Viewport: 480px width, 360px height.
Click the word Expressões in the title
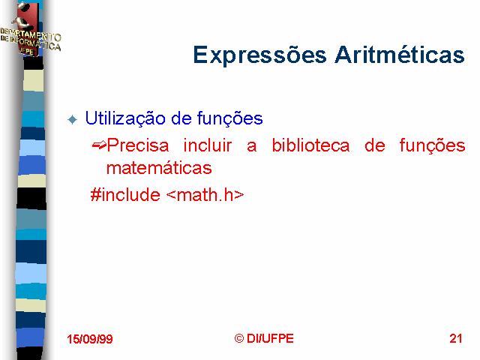pos(260,55)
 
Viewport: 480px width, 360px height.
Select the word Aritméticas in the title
pos(400,55)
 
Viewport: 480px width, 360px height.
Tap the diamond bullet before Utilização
pos(73,119)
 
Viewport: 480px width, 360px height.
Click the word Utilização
pos(125,118)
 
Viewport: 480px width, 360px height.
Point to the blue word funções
pos(229,118)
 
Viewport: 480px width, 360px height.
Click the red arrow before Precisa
pos(99,145)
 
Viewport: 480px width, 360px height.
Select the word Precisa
pos(138,145)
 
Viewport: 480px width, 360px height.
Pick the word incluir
pos(208,145)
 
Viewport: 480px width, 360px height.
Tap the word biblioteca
pos(310,145)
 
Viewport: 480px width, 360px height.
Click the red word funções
pos(433,145)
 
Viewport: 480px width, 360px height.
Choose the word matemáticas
pos(159,168)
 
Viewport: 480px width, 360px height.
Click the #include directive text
pos(125,194)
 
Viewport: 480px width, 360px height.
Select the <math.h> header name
pos(205,194)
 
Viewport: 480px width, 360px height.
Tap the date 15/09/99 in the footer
pos(90,339)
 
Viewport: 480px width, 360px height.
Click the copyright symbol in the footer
pos(239,338)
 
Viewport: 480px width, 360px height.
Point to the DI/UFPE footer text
pos(270,338)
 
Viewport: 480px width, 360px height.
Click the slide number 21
pos(455,338)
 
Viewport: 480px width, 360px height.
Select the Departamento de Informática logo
pos(30,29)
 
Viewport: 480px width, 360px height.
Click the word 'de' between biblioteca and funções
pos(375,145)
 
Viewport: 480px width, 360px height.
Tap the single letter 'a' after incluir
pos(252,147)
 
